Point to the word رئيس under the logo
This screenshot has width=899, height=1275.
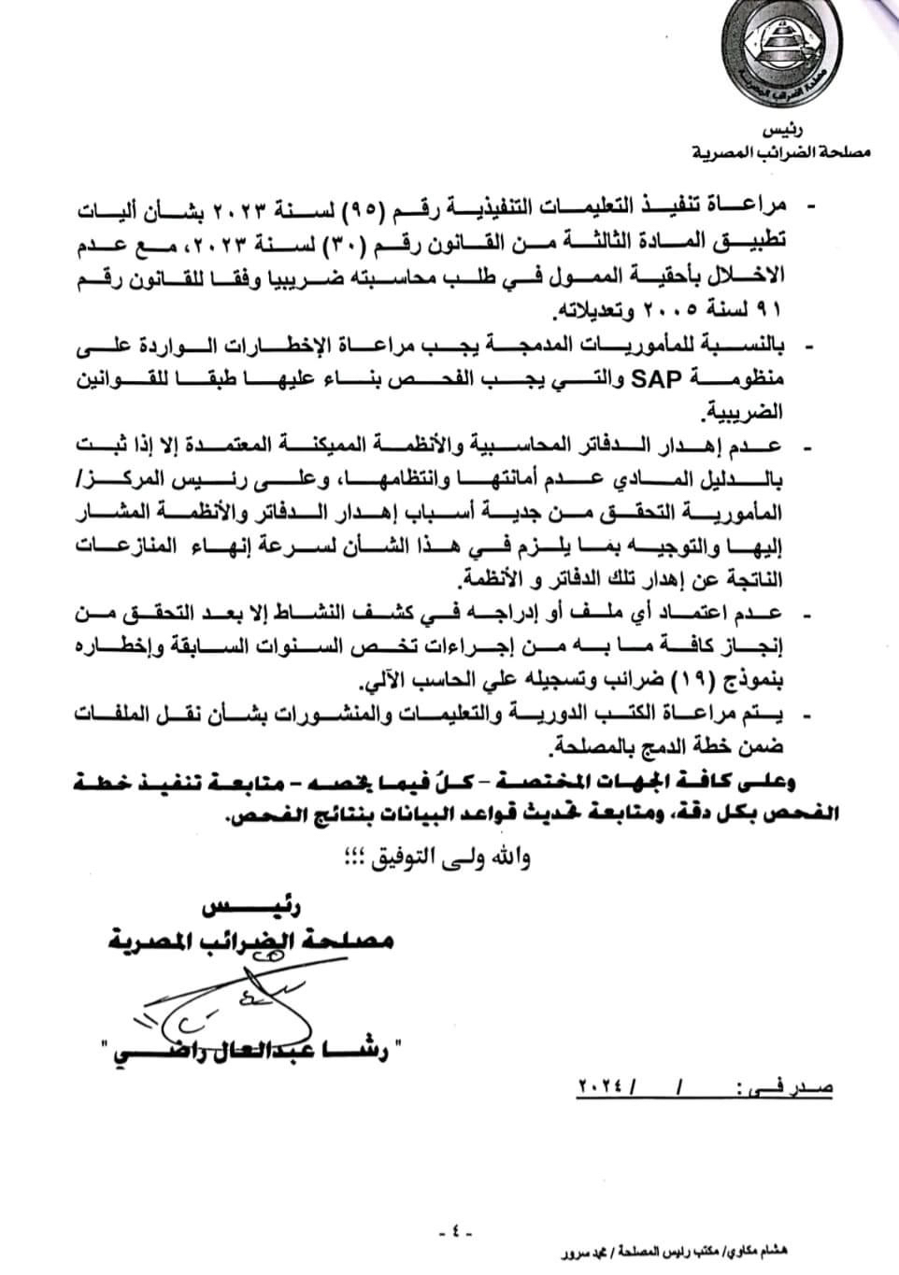[782, 130]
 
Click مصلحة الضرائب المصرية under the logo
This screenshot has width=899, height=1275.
[781, 150]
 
